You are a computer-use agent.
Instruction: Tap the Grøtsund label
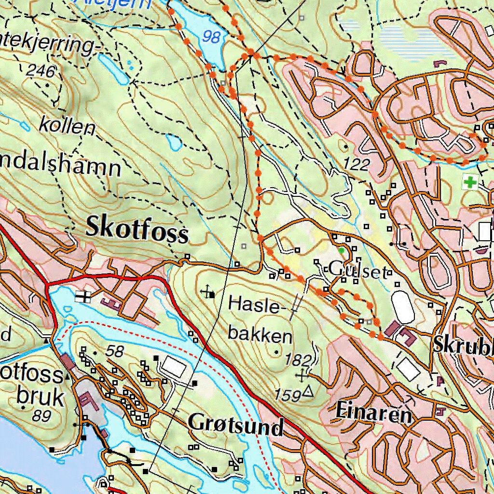point(235,424)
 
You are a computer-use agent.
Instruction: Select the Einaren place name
point(373,413)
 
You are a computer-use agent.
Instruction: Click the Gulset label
point(357,271)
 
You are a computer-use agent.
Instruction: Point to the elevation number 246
point(41,71)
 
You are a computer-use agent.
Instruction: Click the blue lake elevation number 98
point(211,37)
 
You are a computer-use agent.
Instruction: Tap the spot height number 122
point(357,165)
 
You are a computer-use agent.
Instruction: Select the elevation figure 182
point(299,360)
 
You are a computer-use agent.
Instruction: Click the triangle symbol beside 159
point(308,393)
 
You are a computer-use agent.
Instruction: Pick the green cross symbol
point(469,182)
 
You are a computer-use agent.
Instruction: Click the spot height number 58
point(115,352)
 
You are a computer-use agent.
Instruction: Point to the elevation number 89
point(42,415)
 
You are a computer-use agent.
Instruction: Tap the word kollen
point(67,127)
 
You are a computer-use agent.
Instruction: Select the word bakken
point(261,335)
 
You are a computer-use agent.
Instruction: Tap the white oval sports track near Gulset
point(403,307)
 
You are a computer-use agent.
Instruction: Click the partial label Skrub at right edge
point(463,343)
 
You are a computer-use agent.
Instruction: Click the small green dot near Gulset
point(342,250)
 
